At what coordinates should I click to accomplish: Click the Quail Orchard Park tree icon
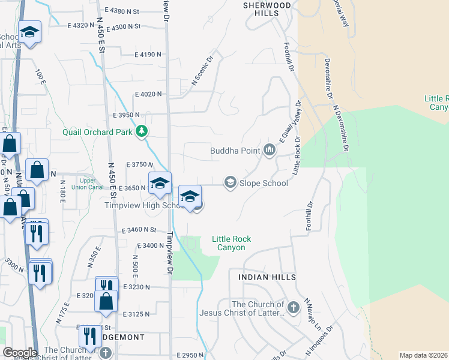tap(142, 131)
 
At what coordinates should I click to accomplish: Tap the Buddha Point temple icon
tap(269, 149)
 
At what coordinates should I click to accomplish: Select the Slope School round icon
tap(230, 182)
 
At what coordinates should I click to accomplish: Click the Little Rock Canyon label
tap(231, 243)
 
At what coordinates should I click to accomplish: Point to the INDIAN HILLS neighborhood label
tap(267, 277)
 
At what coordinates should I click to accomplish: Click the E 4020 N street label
tap(148, 94)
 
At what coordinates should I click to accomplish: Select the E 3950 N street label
tap(126, 114)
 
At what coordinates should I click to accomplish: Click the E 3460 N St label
tap(139, 230)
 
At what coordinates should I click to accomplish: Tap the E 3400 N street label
tap(150, 245)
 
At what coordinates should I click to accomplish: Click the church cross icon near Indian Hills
tap(293, 308)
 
